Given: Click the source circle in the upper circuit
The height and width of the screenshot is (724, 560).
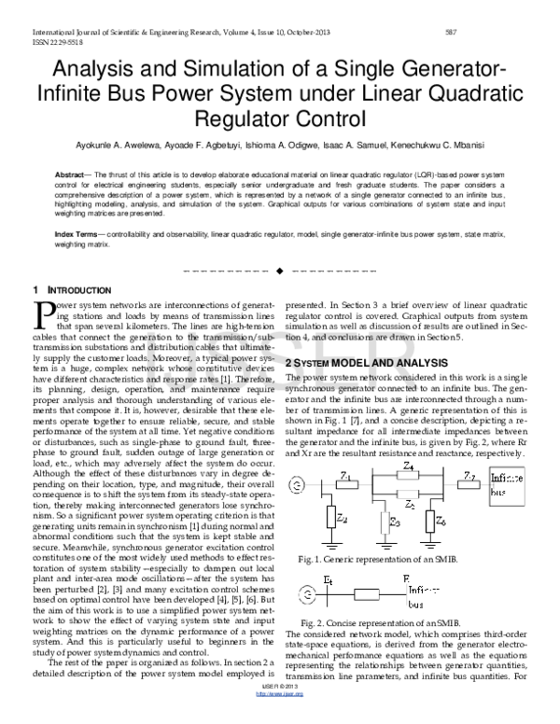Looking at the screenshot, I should [297, 485].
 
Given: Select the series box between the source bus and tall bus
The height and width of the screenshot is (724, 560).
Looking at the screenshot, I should [346, 485].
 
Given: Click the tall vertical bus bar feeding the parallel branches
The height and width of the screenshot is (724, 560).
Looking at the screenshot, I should [372, 485].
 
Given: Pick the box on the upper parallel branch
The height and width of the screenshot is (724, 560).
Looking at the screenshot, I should [408, 475].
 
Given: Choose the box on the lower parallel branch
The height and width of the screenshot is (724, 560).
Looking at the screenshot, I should [408, 494].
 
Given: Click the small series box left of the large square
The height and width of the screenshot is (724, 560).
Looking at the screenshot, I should [468, 485].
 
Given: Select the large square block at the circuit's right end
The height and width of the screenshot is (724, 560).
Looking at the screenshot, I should [507, 485].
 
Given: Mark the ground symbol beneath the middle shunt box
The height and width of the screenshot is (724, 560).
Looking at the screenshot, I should [385, 545].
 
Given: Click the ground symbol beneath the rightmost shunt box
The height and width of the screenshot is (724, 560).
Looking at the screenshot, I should [430, 545].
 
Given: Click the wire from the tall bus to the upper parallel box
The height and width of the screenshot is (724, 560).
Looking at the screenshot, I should [385, 475].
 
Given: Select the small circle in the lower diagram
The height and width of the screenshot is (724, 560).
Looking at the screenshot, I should [306, 593].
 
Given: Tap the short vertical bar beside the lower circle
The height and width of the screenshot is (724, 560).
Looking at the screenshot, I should [329, 594].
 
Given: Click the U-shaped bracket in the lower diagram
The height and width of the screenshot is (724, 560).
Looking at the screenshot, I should [367, 595].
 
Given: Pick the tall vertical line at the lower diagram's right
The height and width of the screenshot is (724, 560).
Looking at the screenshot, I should [407, 593].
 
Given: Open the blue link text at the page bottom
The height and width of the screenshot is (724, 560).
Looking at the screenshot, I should [279, 694].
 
